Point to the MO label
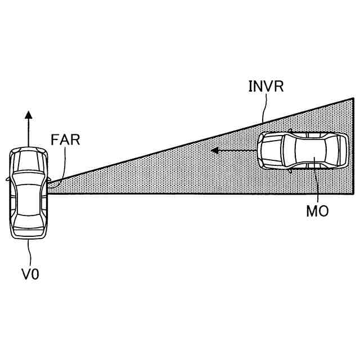point(317,212)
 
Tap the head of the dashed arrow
point(214,151)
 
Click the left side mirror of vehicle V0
point(7,179)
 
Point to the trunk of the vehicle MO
point(340,150)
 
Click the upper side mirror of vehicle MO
point(290,131)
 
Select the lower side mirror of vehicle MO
point(290,169)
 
